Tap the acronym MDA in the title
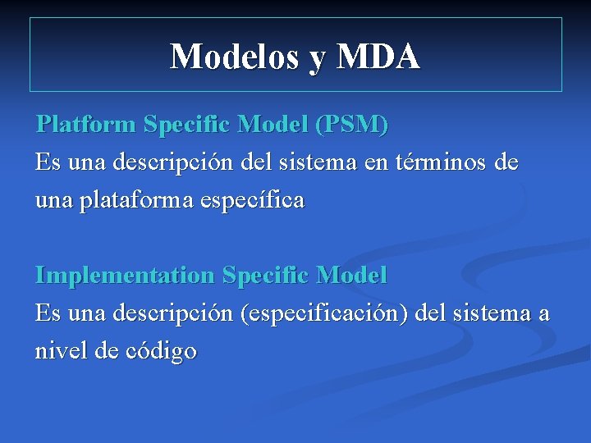coord(378,56)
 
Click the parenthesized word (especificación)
coord(323,313)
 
